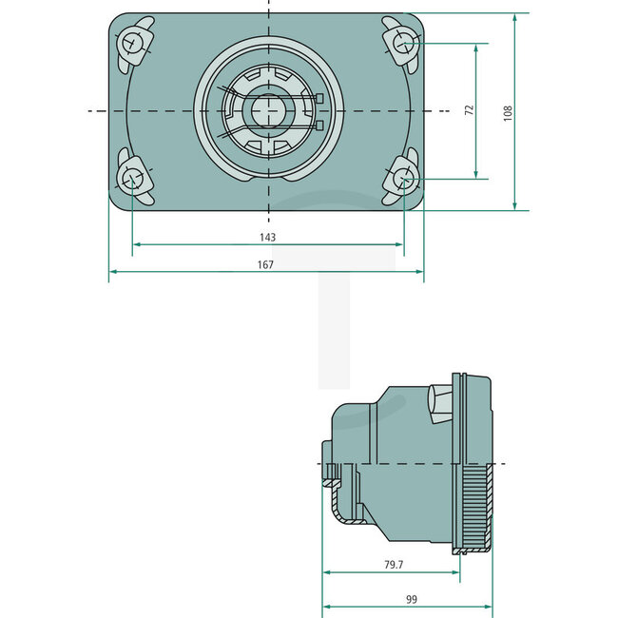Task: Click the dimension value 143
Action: click(267, 237)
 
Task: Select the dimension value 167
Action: click(265, 265)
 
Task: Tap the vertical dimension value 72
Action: click(468, 110)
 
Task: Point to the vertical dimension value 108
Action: click(508, 112)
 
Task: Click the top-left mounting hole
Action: click(131, 43)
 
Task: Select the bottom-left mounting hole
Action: click(131, 178)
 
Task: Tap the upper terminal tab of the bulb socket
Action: click(319, 98)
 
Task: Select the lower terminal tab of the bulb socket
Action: click(319, 125)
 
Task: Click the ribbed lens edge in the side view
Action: click(473, 504)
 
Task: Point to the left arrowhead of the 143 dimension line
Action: click(136, 244)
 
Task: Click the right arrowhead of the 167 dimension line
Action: click(419, 272)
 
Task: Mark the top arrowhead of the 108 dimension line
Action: click(514, 18)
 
